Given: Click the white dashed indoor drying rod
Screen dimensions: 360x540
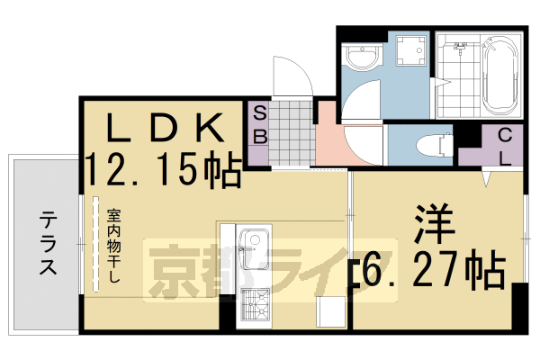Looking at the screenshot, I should (94, 243).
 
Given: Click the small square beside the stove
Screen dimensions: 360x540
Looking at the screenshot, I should (326, 310).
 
